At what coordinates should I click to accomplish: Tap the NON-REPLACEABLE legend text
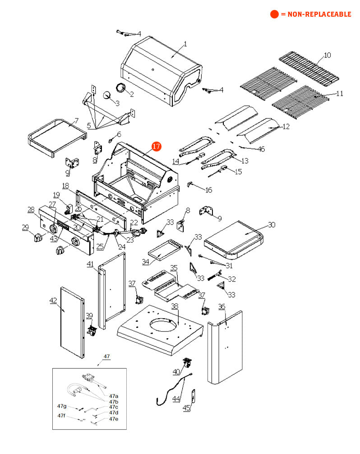(316, 14)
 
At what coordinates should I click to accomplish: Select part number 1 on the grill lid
(185, 44)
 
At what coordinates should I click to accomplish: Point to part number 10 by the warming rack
(328, 55)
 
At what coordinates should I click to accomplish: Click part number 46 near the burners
(261, 149)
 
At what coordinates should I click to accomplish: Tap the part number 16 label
(208, 190)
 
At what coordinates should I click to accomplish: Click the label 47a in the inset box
(114, 396)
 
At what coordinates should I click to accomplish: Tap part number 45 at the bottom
(186, 408)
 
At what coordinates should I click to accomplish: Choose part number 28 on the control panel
(31, 210)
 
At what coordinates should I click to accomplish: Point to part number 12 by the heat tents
(286, 127)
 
